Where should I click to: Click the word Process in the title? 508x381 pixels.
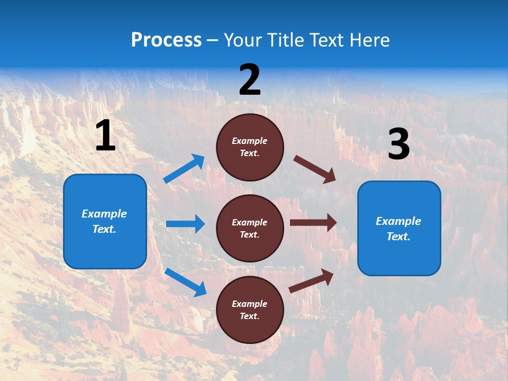coord(166,40)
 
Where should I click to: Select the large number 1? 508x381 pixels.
coord(105,136)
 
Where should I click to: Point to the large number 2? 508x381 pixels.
coord(250,80)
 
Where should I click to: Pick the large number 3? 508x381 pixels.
coord(398,144)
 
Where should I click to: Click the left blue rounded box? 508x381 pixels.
coord(105,221)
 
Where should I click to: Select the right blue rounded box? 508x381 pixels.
coord(399,229)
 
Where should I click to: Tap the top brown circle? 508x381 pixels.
coord(250,147)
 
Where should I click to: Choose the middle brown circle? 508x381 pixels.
coord(250,228)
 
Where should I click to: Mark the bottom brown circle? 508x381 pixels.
coord(250,310)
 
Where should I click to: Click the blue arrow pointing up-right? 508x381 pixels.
coord(184,169)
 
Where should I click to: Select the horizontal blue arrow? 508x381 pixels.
coord(185,224)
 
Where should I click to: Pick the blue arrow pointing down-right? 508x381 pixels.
coord(185,282)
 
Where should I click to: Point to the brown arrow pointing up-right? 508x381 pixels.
coord(312,280)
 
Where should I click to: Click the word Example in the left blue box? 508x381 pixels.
coord(104,214)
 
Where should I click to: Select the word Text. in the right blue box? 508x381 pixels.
coord(398,237)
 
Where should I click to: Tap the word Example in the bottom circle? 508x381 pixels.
coord(250,304)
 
